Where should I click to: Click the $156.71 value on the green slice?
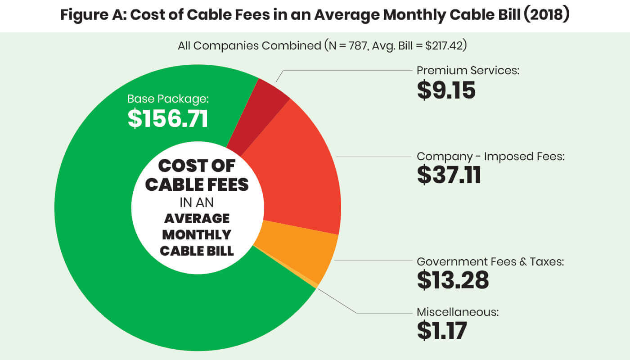[x=168, y=118]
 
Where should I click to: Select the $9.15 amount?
[x=446, y=90]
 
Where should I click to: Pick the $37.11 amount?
[x=449, y=175]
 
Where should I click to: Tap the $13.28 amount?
[x=452, y=280]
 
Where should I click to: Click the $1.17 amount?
[x=441, y=330]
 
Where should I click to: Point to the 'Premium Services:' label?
[x=468, y=71]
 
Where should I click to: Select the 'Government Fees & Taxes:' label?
[x=490, y=261]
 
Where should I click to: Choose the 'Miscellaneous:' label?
[x=458, y=312]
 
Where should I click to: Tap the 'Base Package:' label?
[x=168, y=99]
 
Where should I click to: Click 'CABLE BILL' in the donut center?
[x=197, y=250]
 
